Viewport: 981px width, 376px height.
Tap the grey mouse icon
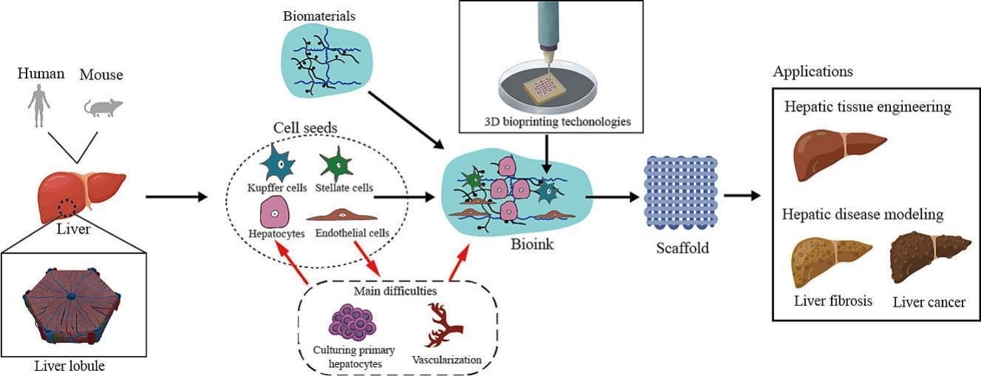coord(102,107)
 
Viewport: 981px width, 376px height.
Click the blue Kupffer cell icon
coord(279,162)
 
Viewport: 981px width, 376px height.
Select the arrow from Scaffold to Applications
coord(742,196)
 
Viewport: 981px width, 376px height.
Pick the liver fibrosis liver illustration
coord(833,262)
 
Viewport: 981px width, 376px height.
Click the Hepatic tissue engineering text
coord(867,108)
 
